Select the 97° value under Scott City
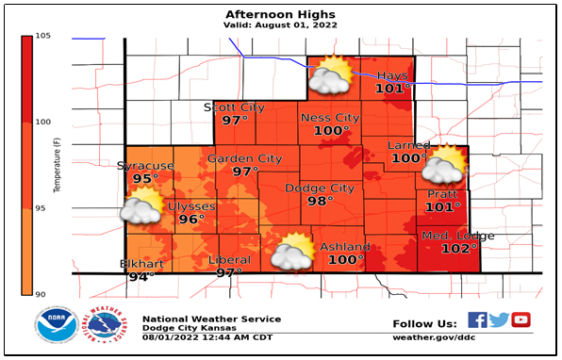[x=234, y=121]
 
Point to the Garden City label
[x=245, y=158]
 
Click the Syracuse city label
[x=145, y=166]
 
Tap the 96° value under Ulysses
[x=191, y=220]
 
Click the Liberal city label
[x=230, y=260]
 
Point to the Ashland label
[x=346, y=247]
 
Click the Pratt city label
[x=442, y=194]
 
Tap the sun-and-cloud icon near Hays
[x=331, y=75]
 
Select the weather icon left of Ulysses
[x=141, y=205]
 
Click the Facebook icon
[x=478, y=320]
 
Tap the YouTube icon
[x=521, y=320]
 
